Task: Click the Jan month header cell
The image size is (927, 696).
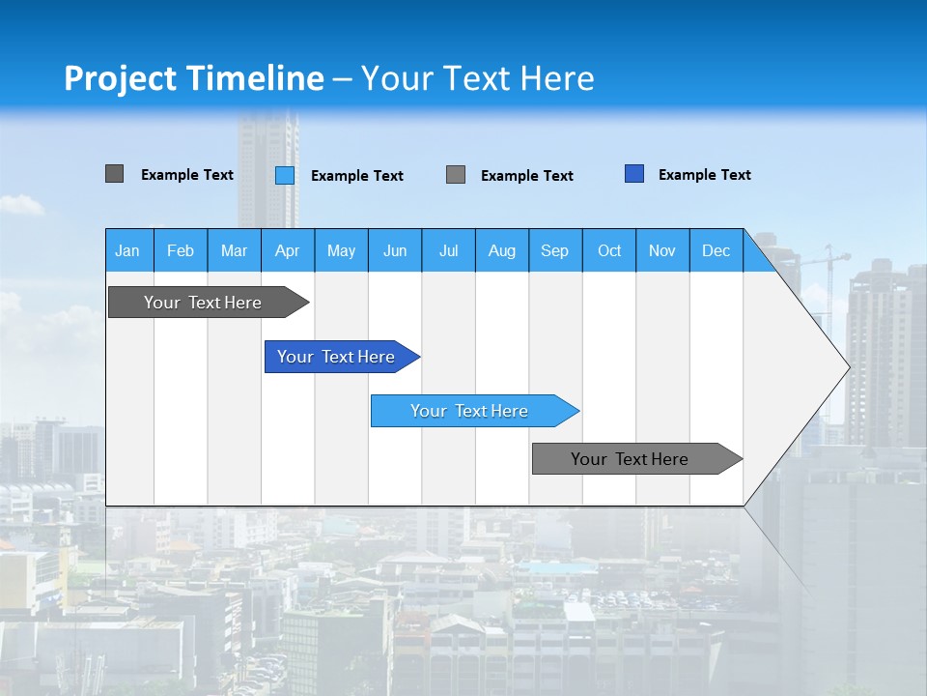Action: click(127, 250)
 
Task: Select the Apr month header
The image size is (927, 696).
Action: click(287, 250)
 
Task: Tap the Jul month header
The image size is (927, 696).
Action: click(448, 250)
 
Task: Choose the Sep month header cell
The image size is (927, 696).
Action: click(554, 250)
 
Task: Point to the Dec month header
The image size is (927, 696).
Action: click(716, 250)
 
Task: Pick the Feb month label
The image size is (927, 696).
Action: click(181, 250)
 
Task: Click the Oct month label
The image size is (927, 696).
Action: click(609, 250)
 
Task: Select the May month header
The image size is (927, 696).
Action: click(341, 250)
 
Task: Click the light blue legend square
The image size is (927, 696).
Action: click(285, 175)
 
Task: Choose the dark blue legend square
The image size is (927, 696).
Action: click(634, 174)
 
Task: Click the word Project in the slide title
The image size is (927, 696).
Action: click(120, 78)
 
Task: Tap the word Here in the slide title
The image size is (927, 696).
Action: click(557, 78)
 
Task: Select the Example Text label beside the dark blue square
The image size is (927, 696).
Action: click(704, 175)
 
